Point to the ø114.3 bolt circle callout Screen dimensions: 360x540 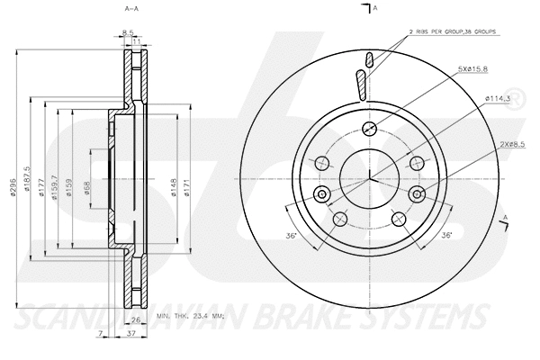coord(499,98)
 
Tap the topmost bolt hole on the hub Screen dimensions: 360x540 coord(368,128)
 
